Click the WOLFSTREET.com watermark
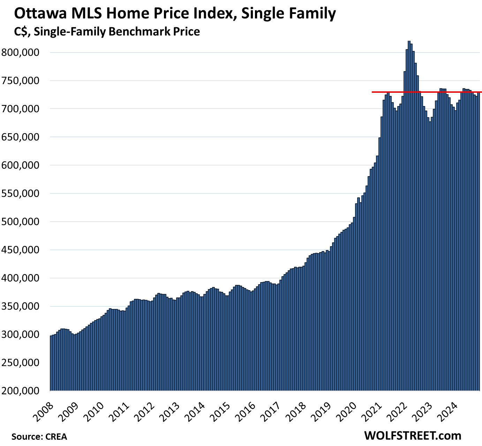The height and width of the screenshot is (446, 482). point(413,436)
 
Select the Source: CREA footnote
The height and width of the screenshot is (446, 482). point(39,437)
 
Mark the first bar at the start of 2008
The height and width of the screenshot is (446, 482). point(51,363)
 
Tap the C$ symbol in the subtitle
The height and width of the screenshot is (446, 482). point(21,32)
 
